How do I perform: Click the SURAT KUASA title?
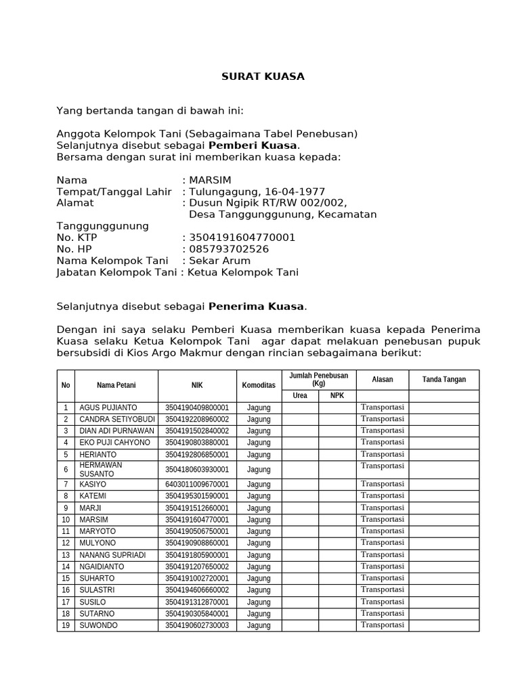coord(263,76)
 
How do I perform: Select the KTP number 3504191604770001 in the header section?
coord(242,238)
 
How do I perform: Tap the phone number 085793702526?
coord(229,249)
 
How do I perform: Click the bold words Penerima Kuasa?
coord(256,307)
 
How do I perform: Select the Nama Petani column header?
coord(116,385)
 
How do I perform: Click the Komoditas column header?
coord(258,385)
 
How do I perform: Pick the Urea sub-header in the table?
coord(300,396)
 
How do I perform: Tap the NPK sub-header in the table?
coord(337,396)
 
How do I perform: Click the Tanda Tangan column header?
coord(443,380)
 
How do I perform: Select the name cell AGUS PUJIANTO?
coord(108,407)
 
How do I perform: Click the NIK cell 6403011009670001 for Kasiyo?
coord(196,485)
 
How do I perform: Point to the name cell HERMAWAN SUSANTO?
coord(116,469)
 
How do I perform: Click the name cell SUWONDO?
coord(99,625)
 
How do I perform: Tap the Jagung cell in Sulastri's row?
coord(258,590)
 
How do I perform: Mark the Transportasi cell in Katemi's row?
coord(382,495)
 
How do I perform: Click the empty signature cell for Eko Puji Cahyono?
coord(443,443)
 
